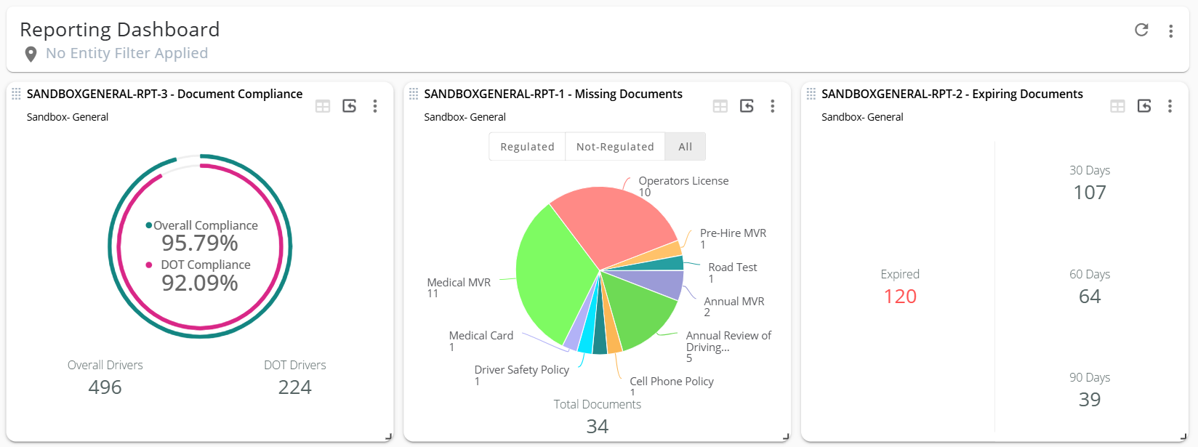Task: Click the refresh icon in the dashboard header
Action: coord(1141,30)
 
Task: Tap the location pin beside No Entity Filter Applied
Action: coord(31,54)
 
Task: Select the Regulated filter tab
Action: coord(527,147)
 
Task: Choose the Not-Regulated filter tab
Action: coord(615,147)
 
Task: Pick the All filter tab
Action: coord(685,147)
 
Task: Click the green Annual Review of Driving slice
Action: coord(640,313)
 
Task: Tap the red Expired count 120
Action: coord(900,297)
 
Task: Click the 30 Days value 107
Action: coord(1090,193)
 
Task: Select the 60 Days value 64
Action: coord(1090,297)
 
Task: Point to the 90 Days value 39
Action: coord(1090,400)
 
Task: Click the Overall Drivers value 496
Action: coord(105,387)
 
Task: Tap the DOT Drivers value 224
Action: coord(294,387)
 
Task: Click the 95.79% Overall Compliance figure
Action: coord(200,243)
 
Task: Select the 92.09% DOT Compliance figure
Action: coord(200,283)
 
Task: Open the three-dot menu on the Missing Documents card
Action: coord(773,106)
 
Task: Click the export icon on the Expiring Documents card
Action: coord(1144,106)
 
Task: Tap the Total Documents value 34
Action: coord(598,426)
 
